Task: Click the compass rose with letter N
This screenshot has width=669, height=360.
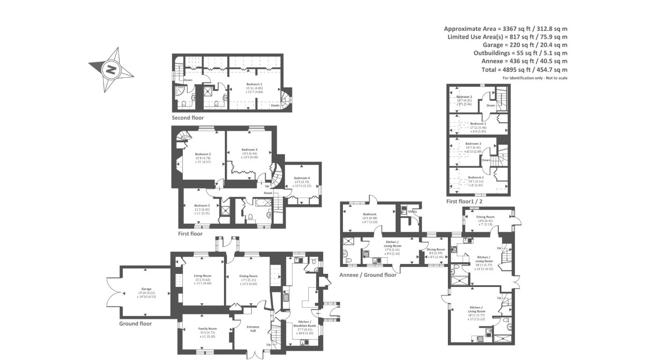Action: pyautogui.click(x=111, y=70)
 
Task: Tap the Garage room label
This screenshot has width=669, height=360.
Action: pyautogui.click(x=146, y=289)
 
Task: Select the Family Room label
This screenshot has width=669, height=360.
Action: pyautogui.click(x=208, y=329)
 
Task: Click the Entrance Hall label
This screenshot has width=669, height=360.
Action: pyautogui.click(x=253, y=329)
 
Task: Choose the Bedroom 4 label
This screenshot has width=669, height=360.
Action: pyautogui.click(x=302, y=178)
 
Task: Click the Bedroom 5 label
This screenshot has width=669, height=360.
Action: pyautogui.click(x=202, y=205)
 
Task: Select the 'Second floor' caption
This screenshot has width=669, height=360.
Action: pyautogui.click(x=187, y=118)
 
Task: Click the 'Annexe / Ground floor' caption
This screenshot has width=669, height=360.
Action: pyautogui.click(x=368, y=275)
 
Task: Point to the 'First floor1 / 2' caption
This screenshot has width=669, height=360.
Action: pyautogui.click(x=464, y=201)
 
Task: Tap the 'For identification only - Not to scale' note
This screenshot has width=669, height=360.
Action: pyautogui.click(x=535, y=78)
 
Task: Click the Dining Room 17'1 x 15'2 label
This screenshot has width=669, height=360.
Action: pyautogui.click(x=249, y=276)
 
